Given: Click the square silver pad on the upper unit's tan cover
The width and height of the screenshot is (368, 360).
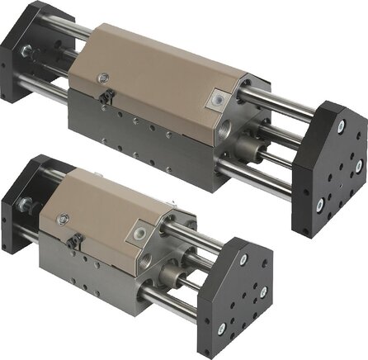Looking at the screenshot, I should coord(219,99).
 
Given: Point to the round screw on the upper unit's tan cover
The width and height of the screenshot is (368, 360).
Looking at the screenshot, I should coord(103,78).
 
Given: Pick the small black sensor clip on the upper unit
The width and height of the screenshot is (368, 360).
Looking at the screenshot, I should coord(105,97).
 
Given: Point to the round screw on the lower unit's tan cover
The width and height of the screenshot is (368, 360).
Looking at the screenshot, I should coord(64,219).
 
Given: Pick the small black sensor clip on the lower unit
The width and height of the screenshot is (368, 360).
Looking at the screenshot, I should coord(73,241).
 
